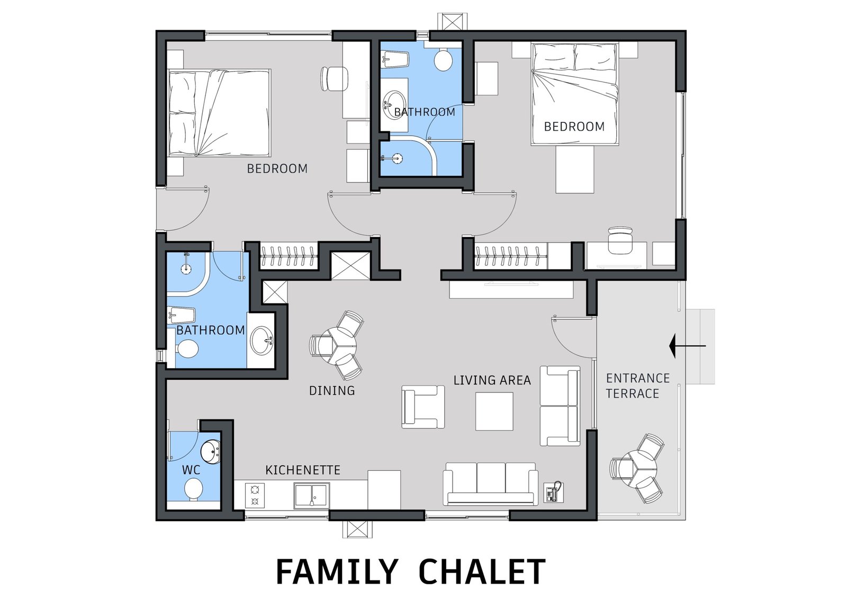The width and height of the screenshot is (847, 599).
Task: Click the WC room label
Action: point(191,470)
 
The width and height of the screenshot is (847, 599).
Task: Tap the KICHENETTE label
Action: point(303,470)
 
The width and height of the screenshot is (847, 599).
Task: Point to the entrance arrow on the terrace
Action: point(687,346)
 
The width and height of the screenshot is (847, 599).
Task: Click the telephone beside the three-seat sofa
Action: point(553,492)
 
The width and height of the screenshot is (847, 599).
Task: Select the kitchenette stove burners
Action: point(255,495)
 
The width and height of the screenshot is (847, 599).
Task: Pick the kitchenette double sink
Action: point(311,495)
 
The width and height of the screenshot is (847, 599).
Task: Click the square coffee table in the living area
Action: point(494,412)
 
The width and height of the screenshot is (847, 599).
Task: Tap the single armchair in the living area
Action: point(423,407)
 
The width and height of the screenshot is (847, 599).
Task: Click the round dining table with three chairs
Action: point(337,345)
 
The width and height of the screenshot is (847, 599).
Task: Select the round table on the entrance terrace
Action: point(637,469)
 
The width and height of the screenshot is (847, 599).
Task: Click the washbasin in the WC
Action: point(210,451)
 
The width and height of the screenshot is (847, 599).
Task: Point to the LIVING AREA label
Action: point(492,380)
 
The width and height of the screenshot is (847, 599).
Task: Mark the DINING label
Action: point(332,390)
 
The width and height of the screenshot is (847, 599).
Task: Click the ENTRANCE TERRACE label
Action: point(638,386)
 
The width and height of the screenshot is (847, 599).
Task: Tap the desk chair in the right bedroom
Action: point(620,239)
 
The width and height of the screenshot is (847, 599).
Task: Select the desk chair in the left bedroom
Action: point(334,79)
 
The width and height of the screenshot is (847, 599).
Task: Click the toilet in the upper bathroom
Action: point(443,59)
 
